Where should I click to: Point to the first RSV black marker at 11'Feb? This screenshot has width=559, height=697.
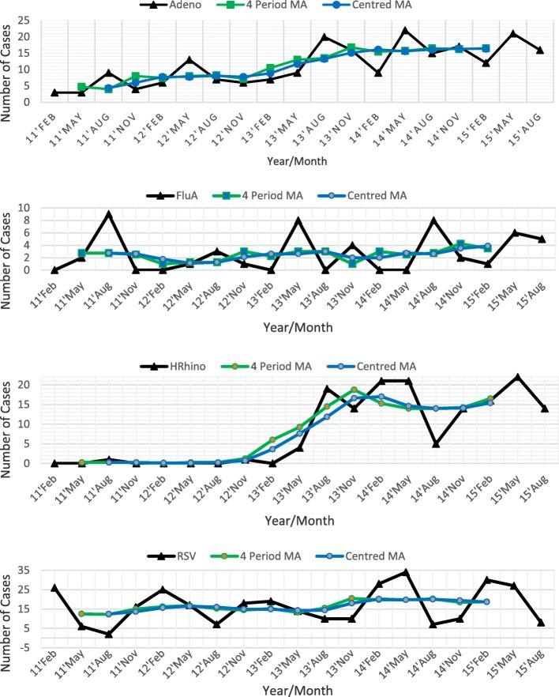54,588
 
